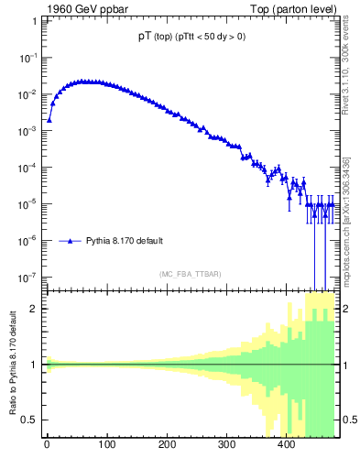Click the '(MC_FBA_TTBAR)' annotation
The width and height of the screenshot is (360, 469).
point(190,274)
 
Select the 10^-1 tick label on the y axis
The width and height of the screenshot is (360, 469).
point(29,57)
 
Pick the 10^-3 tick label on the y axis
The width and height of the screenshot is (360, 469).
point(29,130)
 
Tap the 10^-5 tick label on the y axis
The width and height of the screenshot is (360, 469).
point(29,203)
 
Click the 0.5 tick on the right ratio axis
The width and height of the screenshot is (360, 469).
point(349,420)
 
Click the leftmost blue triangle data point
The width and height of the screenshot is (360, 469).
point(49,119)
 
